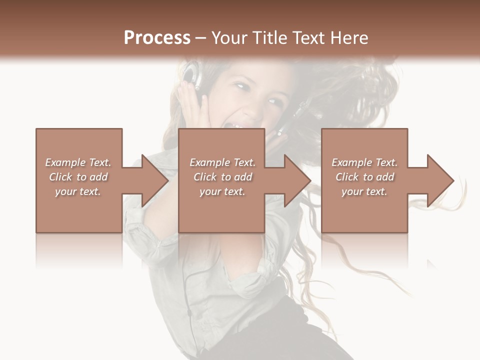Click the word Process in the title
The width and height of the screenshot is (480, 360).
(157, 37)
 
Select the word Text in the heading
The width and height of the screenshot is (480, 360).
(308, 37)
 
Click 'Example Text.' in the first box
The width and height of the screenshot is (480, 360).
(78, 162)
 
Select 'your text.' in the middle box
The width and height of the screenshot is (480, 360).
(222, 191)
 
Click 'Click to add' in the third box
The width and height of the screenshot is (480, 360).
(364, 177)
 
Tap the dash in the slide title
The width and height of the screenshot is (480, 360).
(201, 37)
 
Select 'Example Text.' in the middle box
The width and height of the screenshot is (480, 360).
(222, 162)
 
